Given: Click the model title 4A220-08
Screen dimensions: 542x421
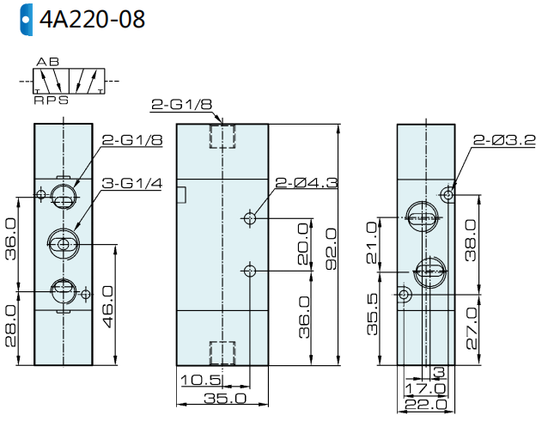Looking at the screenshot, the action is [x=92, y=20].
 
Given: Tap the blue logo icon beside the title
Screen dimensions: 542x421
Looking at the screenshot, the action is [x=27, y=20].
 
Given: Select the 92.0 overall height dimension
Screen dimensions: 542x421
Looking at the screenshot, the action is [x=332, y=248].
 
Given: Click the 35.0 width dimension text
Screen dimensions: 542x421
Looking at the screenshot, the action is [x=225, y=398].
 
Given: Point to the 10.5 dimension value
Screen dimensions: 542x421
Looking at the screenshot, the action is [x=201, y=381].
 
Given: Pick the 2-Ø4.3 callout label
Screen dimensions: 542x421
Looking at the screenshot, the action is [x=307, y=182].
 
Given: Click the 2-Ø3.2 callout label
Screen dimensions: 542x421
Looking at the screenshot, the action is [x=504, y=140].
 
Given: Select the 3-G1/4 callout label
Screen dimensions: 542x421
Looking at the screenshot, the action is [x=132, y=183].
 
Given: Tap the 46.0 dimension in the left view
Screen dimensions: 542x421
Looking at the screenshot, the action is [x=108, y=306].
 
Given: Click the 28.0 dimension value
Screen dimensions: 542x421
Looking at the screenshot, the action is [x=10, y=326].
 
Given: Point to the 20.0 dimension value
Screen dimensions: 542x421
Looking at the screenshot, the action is [x=303, y=244].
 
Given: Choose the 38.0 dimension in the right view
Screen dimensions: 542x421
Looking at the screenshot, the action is [x=471, y=240].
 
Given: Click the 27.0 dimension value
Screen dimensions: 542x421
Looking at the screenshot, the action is [x=472, y=328].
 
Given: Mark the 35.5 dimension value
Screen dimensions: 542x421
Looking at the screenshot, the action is [x=372, y=314].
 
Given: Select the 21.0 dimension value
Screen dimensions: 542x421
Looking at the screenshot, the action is [x=372, y=242].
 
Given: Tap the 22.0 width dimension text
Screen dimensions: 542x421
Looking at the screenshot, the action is [x=426, y=405].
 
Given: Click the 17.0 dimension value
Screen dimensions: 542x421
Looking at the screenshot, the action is [x=425, y=388].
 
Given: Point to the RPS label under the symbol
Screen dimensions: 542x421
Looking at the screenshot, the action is [x=52, y=101].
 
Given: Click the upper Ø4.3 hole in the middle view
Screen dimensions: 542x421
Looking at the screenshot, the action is [x=250, y=218].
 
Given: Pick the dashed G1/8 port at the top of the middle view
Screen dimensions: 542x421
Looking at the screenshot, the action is [x=222, y=137].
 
